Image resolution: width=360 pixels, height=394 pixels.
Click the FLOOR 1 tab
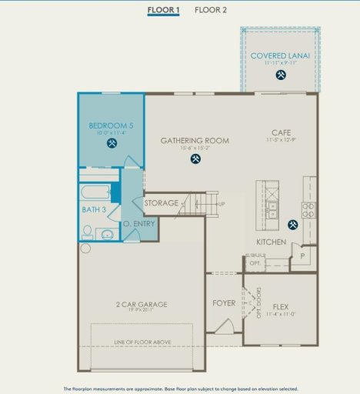point(164,10)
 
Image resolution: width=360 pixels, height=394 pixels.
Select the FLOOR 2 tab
point(210,10)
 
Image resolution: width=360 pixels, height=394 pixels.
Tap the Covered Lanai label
point(280,56)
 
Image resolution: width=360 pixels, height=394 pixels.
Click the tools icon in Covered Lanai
point(281,75)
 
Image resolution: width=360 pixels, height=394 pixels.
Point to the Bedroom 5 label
point(111,125)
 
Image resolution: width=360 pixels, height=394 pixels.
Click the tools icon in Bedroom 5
point(112,143)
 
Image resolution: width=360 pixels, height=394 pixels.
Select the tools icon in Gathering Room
point(195,159)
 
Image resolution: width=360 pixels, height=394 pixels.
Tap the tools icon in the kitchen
point(292,225)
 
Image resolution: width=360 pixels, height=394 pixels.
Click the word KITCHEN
point(271,242)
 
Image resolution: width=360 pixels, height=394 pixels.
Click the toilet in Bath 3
point(88,231)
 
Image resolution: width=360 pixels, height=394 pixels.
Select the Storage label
point(162,203)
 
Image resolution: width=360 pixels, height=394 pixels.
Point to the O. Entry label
point(139,224)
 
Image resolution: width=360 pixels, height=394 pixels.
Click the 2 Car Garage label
point(142,305)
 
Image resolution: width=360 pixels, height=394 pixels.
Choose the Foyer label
point(224,303)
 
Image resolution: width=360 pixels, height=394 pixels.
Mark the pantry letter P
point(303,255)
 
